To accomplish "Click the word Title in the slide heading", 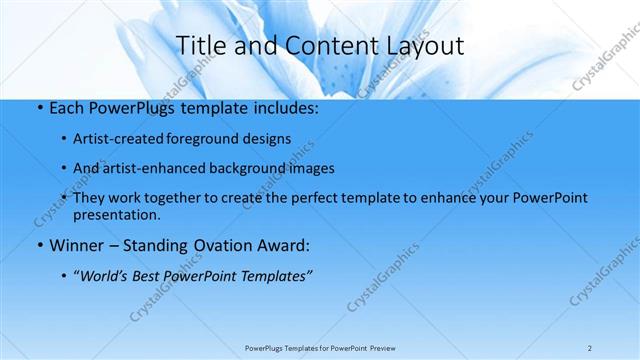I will [x=200, y=45].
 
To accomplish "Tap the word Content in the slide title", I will [x=323, y=45].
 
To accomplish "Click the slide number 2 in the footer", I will [x=590, y=348].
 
